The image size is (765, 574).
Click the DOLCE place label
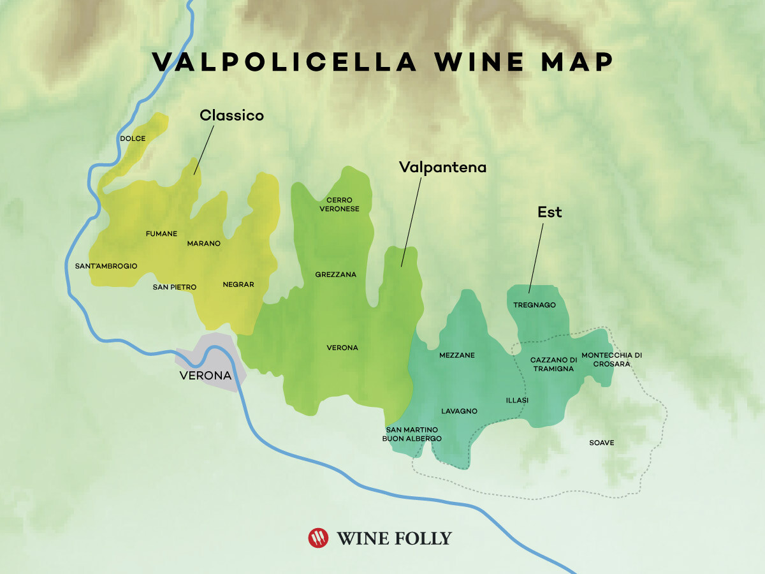133,138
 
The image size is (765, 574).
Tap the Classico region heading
231,115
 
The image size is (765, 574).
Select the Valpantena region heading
442,167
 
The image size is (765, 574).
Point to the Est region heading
549,212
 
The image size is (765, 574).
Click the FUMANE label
161,234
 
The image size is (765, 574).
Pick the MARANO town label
203,244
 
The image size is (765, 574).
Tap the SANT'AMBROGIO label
106,266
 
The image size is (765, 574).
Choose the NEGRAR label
238,284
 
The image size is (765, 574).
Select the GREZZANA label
335,275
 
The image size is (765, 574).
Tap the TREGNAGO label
534,305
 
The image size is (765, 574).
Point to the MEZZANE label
456,355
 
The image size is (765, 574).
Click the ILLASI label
517,401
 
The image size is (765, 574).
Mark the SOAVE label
601,443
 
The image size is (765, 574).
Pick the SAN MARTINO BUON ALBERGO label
412,434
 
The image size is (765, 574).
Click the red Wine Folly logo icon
318,538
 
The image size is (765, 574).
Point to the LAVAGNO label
459,411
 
